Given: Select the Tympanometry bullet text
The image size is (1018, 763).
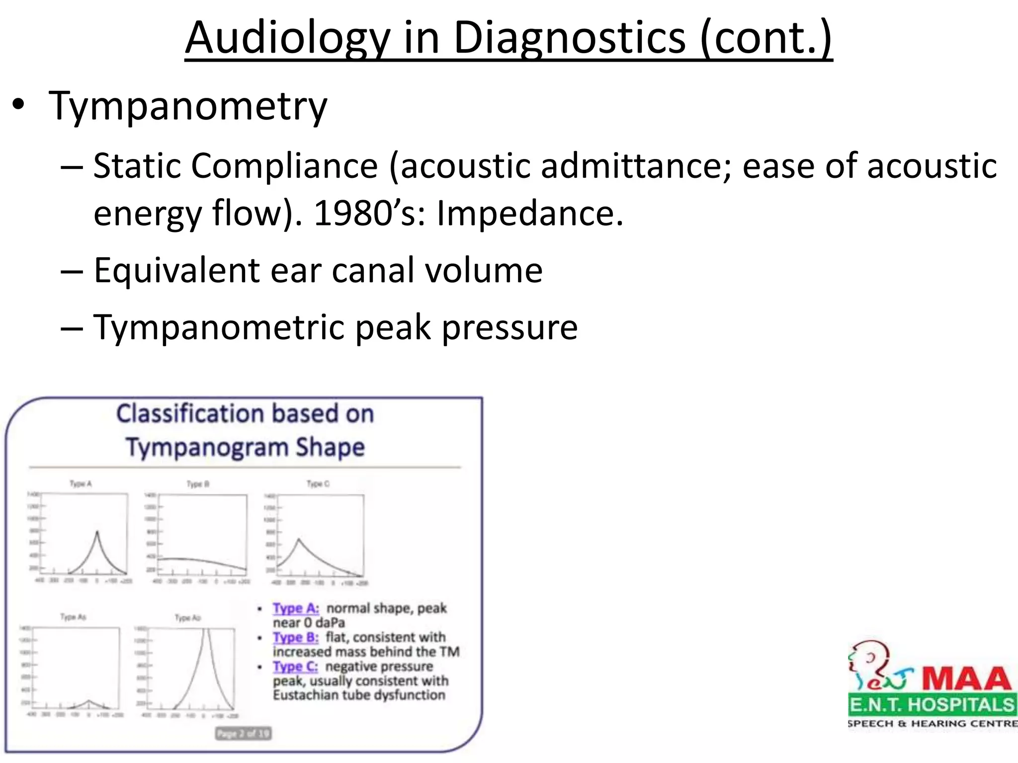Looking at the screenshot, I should coord(188,105).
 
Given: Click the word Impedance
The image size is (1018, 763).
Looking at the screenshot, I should coord(529,213).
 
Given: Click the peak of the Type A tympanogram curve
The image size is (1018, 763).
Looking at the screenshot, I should coord(97,532).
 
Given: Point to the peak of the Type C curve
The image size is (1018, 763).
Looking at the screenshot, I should coord(299,539).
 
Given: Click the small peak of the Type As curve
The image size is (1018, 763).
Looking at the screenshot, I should coord(89,700).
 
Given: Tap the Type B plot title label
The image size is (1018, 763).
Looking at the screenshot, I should coord(198,484).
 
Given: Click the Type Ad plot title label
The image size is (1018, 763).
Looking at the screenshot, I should coord(188,617).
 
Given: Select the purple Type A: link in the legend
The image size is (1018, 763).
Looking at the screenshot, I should coord(295,608).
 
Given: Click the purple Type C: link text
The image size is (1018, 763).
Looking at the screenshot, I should coord(295,666).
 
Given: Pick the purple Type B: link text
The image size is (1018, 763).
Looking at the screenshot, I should coord(295,637).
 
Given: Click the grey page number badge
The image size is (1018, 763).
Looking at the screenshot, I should coord(243,733).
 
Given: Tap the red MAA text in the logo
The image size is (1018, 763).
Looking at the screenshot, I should coord(966,679).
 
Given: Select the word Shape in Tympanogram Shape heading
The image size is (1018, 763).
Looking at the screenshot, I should coord(330,447).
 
